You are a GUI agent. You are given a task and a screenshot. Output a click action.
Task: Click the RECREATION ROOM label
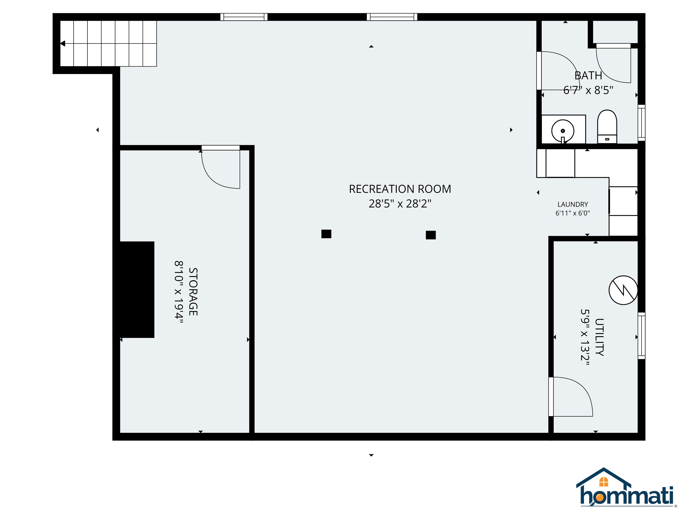coord(400,189)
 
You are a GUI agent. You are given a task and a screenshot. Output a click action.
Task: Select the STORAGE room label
coord(193,292)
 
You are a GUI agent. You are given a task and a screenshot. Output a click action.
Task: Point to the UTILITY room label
coord(599,337)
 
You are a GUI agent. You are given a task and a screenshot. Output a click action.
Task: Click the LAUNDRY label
coord(573,205)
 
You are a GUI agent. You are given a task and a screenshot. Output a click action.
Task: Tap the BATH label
coord(588,76)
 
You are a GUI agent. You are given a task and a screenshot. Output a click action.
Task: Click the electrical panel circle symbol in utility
coord(623,290)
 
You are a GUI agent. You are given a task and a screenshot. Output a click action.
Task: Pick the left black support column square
coord(326,234)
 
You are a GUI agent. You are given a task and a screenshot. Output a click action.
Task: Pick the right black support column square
coord(431,235)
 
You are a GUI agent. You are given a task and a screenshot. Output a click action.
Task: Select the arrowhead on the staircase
coord(62,44)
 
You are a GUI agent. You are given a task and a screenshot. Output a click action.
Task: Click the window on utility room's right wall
coord(641,336)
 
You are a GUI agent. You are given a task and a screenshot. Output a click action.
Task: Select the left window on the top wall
coord(244,17)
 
